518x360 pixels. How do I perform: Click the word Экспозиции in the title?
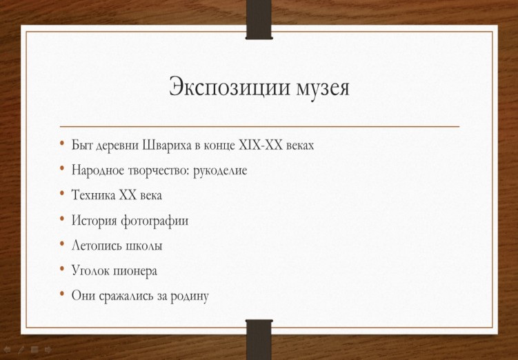coord(230,87)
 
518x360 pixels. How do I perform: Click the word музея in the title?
coord(323,88)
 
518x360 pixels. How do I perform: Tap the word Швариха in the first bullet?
coord(167,146)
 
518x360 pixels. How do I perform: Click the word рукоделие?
coord(220,171)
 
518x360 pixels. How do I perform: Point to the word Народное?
coord(97,170)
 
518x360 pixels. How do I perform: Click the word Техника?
coord(93,195)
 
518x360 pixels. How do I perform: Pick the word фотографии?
coord(155,221)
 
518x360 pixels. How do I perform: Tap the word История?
coord(94,221)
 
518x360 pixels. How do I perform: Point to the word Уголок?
coord(90,271)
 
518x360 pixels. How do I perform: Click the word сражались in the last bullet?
coord(126,296)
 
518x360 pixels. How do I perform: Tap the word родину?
coord(190,297)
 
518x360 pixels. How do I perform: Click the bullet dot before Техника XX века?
coord(62,193)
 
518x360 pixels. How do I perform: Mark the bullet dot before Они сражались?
coord(62,294)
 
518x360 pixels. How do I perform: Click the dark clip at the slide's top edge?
coord(259,20)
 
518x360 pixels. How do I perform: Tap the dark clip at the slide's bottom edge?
coord(259,339)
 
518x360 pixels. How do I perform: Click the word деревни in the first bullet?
coord(117,146)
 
